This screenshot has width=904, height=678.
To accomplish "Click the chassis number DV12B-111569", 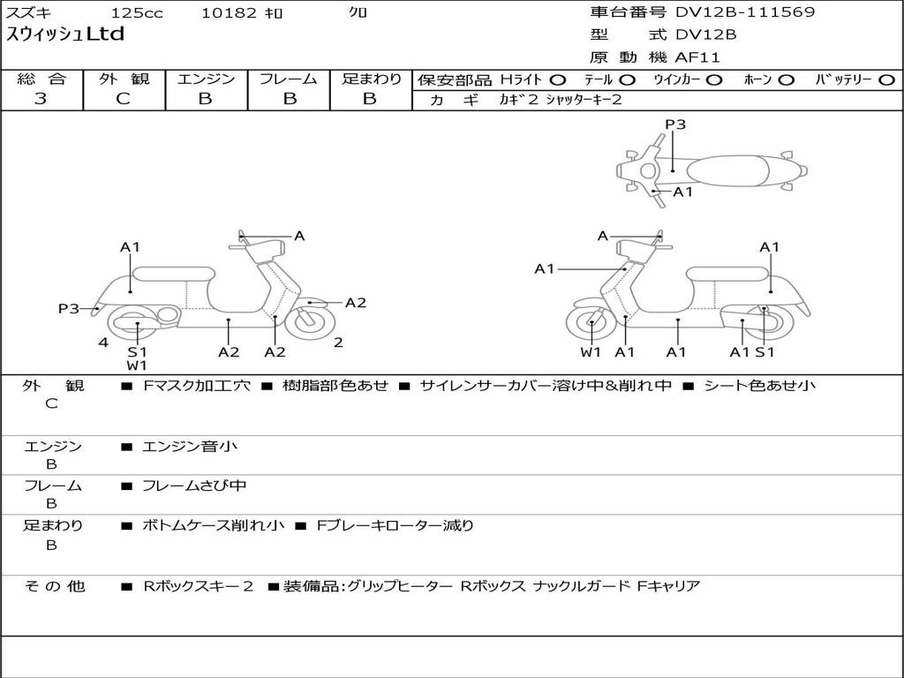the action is (x=745, y=12).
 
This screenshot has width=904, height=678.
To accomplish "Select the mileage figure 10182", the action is (x=230, y=13).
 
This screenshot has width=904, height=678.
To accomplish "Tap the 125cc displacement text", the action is (x=137, y=13).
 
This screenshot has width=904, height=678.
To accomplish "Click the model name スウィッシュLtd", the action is (x=65, y=34).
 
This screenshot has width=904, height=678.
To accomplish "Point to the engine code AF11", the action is (x=697, y=58).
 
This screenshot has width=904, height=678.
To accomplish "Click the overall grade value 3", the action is (x=41, y=99).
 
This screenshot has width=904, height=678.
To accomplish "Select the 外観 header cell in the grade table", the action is (x=124, y=79).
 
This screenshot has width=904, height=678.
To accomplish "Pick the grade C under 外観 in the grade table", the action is (x=124, y=99).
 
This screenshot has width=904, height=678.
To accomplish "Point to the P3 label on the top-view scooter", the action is (x=675, y=124).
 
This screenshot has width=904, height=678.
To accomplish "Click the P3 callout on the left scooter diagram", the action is (x=69, y=308).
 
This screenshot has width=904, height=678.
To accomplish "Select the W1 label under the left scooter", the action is (x=137, y=365).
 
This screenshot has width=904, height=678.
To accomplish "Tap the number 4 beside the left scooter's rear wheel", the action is (x=103, y=343).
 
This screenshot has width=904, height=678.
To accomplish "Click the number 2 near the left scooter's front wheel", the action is (x=338, y=343).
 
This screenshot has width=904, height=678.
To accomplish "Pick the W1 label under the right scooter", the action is (x=591, y=352).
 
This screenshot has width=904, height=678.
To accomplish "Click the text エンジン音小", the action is (x=190, y=447).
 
